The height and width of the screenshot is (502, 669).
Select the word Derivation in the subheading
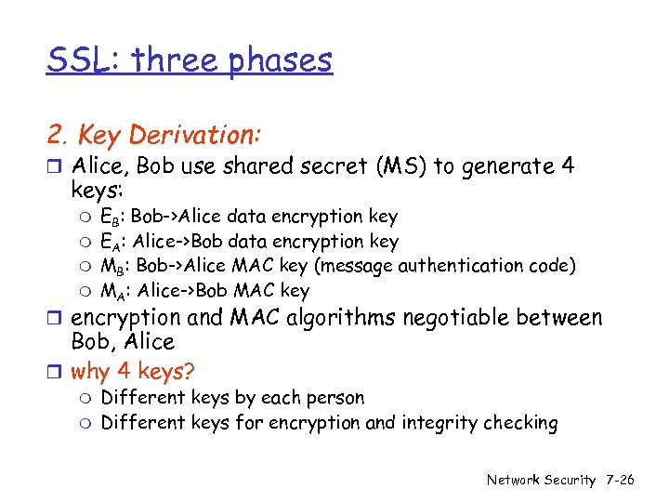(196, 136)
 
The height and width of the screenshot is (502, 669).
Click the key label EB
(111, 218)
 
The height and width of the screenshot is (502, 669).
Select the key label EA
(111, 243)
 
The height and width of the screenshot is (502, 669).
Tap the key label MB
(112, 267)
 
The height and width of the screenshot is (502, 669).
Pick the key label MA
(112, 291)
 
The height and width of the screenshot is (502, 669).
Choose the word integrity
(435, 424)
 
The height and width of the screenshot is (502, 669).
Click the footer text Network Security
(541, 480)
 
